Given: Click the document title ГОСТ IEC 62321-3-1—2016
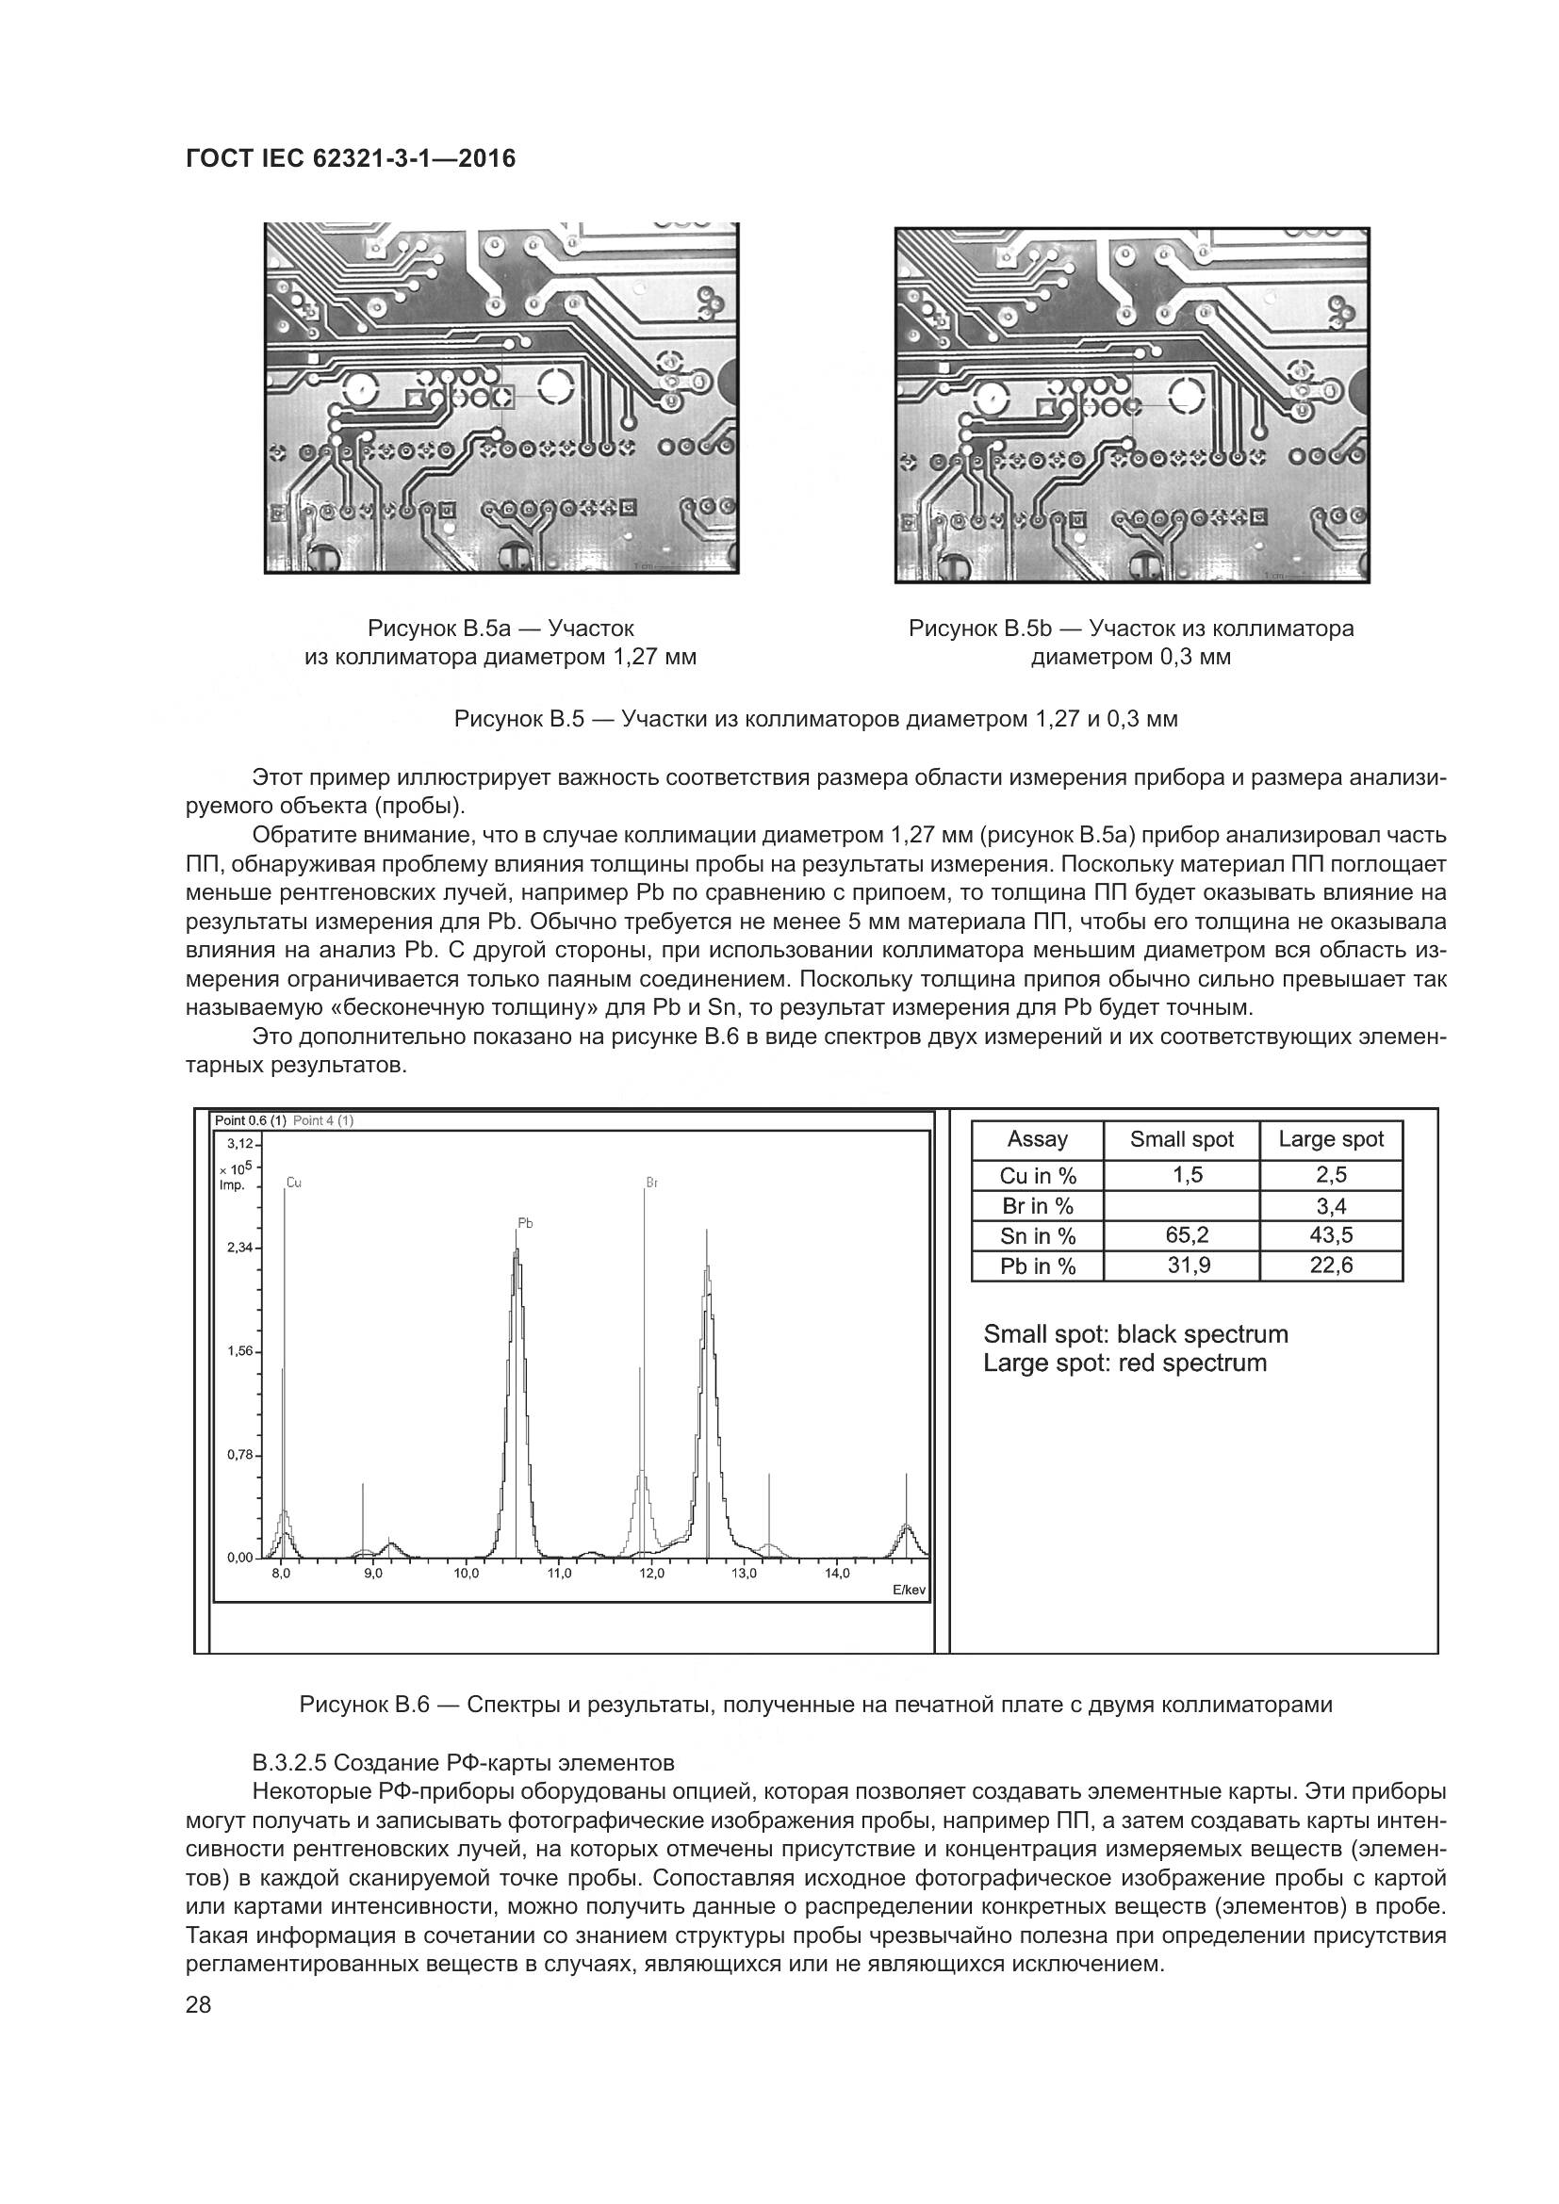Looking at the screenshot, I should tap(351, 158).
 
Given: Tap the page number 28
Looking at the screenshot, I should tap(199, 2004).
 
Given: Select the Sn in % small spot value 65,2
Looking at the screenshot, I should tap(1188, 1235).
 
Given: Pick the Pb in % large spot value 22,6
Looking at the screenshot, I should tap(1331, 1266).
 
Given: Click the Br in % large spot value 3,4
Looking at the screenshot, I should tap(1331, 1206).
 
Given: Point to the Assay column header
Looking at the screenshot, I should tap(1037, 1139).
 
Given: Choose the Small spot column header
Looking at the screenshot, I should tap(1181, 1139).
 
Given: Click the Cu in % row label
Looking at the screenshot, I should tap(1038, 1176).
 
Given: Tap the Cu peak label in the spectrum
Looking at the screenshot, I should tap(294, 1184).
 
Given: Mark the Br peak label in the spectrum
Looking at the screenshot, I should tap(651, 1184).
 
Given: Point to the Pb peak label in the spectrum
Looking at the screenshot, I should tap(525, 1223).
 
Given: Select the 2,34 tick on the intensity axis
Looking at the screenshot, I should tap(239, 1248).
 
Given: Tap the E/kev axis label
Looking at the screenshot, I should tap(908, 1590).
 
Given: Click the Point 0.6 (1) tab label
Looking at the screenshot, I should tap(250, 1120).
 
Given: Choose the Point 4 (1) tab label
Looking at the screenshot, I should tap(323, 1120).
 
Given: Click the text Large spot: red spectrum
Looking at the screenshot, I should tap(1124, 1363).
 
